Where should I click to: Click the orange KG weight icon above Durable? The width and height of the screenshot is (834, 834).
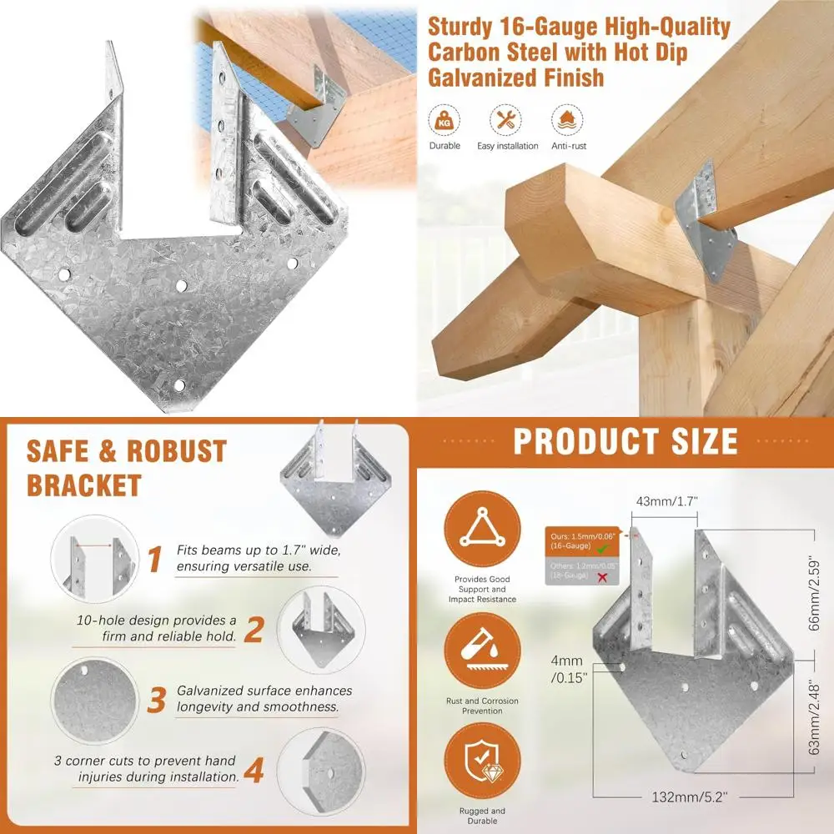tap(445, 121)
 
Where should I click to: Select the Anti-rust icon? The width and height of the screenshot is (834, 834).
tap(567, 121)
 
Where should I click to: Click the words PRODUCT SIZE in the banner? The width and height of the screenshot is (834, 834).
tap(625, 442)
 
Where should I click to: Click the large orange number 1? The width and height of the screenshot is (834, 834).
tap(155, 560)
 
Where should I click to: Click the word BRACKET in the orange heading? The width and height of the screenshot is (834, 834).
tap(83, 485)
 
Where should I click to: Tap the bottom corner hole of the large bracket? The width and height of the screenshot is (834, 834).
tap(179, 385)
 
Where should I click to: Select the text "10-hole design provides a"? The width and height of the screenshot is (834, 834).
tap(156, 621)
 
